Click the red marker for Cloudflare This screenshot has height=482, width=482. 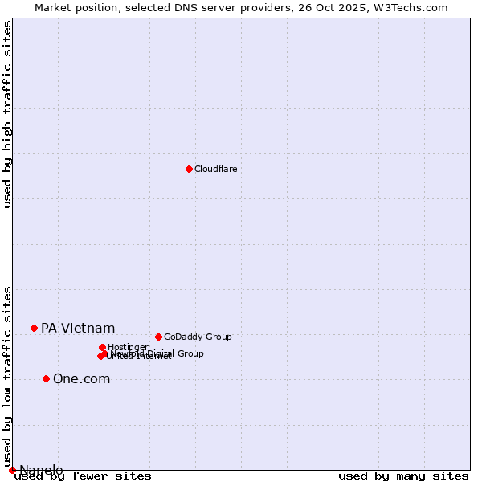tap(189, 169)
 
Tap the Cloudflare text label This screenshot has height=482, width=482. tap(215, 169)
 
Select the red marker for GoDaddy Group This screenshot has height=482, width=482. tap(158, 337)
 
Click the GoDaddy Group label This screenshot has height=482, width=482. tap(197, 337)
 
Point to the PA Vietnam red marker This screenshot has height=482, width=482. tap(34, 328)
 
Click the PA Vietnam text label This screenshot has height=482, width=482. tap(78, 328)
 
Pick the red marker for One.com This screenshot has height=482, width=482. tap(46, 378)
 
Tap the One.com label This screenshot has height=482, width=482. tap(81, 378)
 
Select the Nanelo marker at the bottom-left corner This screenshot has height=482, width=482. tap(12, 470)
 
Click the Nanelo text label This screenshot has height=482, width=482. tap(41, 470)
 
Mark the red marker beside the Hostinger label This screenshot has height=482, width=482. tap(102, 347)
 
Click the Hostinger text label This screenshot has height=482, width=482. tap(128, 347)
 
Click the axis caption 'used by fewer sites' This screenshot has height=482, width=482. tap(84, 476)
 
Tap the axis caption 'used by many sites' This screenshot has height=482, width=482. tap(403, 476)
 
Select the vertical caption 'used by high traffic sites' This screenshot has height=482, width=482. tap(8, 114)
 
